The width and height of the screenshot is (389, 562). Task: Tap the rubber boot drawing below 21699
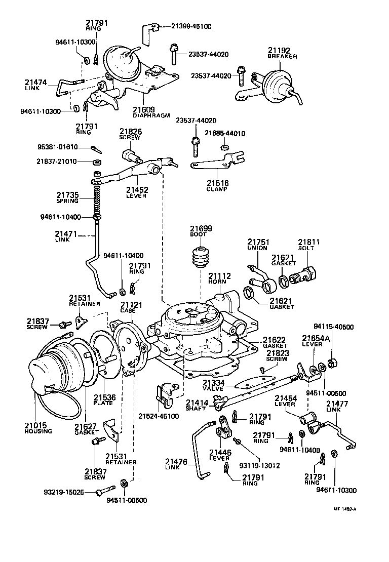pyautogui.click(x=201, y=257)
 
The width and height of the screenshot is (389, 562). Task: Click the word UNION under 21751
pyautogui.click(x=257, y=249)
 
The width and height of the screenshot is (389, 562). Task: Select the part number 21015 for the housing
pyautogui.click(x=38, y=424)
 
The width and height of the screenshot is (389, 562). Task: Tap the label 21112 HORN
pyautogui.click(x=219, y=279)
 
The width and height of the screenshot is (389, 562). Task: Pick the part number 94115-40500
pyautogui.click(x=335, y=327)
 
